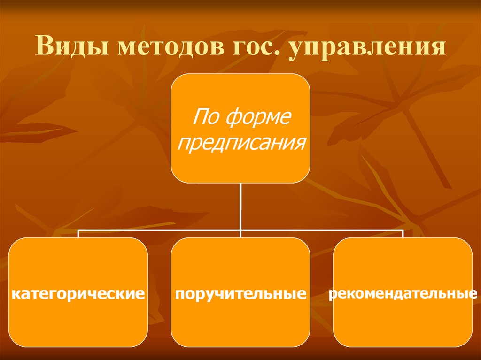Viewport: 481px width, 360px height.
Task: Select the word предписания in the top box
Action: click(x=240, y=141)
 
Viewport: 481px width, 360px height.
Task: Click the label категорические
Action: click(x=78, y=294)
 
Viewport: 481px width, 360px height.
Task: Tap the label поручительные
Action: click(x=240, y=295)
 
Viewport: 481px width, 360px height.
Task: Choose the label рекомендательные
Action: click(x=403, y=294)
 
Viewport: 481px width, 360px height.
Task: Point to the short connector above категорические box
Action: click(x=78, y=234)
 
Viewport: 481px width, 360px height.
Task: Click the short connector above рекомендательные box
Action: click(x=403, y=234)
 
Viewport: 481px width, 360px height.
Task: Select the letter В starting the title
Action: click(x=44, y=49)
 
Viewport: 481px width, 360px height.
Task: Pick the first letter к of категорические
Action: click(x=16, y=295)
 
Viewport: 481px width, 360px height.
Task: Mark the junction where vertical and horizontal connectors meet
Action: click(x=240, y=230)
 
